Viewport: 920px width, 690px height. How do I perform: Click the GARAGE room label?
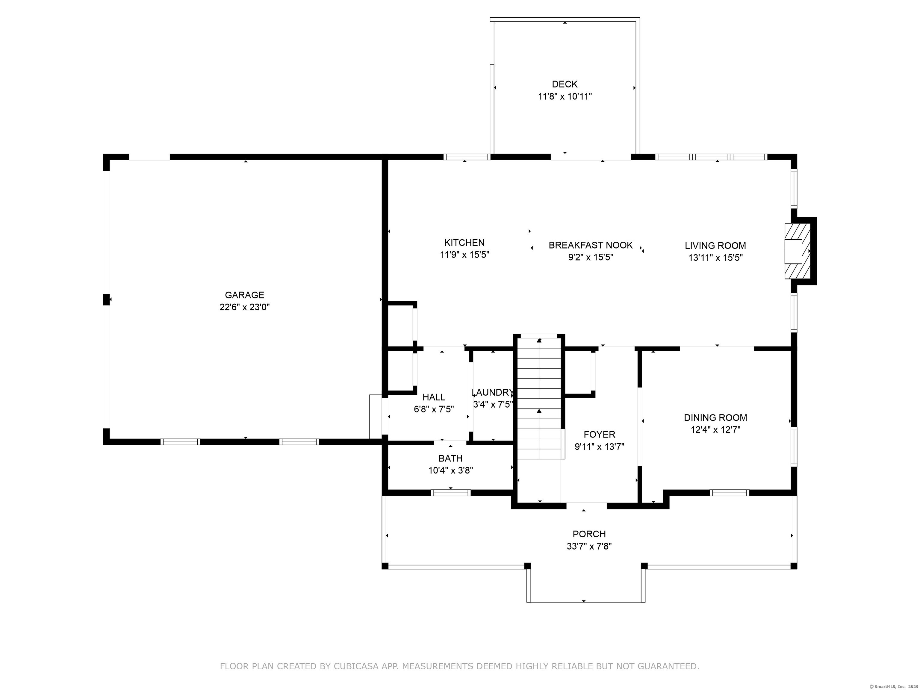tap(245, 295)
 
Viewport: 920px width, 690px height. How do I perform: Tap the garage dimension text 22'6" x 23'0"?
tap(245, 307)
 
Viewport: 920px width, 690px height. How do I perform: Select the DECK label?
tap(565, 84)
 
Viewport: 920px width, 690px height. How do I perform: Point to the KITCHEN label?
tap(464, 243)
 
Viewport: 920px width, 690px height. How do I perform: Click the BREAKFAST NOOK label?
tap(591, 245)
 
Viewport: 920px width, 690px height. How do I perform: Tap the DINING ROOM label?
tap(715, 417)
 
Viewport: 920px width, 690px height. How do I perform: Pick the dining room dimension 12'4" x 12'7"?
tap(715, 430)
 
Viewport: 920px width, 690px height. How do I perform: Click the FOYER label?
tap(599, 435)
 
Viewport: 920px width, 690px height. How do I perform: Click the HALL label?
tap(434, 397)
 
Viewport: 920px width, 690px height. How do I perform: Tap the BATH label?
tap(450, 458)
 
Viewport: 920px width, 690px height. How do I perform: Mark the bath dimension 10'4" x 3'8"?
tap(450, 470)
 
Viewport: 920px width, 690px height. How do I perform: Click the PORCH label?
tap(589, 534)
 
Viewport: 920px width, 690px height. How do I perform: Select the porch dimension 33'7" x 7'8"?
tap(589, 546)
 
